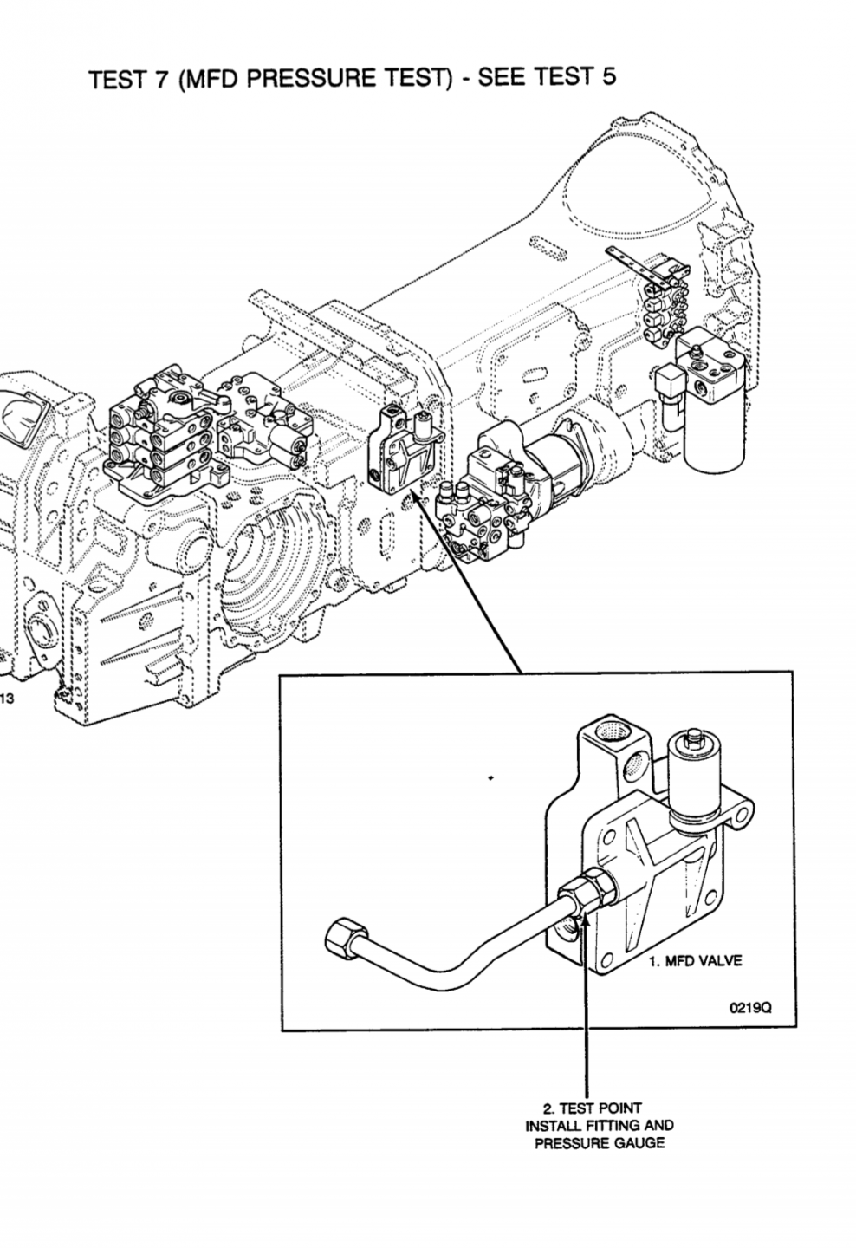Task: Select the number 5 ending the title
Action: [608, 75]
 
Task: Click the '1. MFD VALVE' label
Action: [696, 961]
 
